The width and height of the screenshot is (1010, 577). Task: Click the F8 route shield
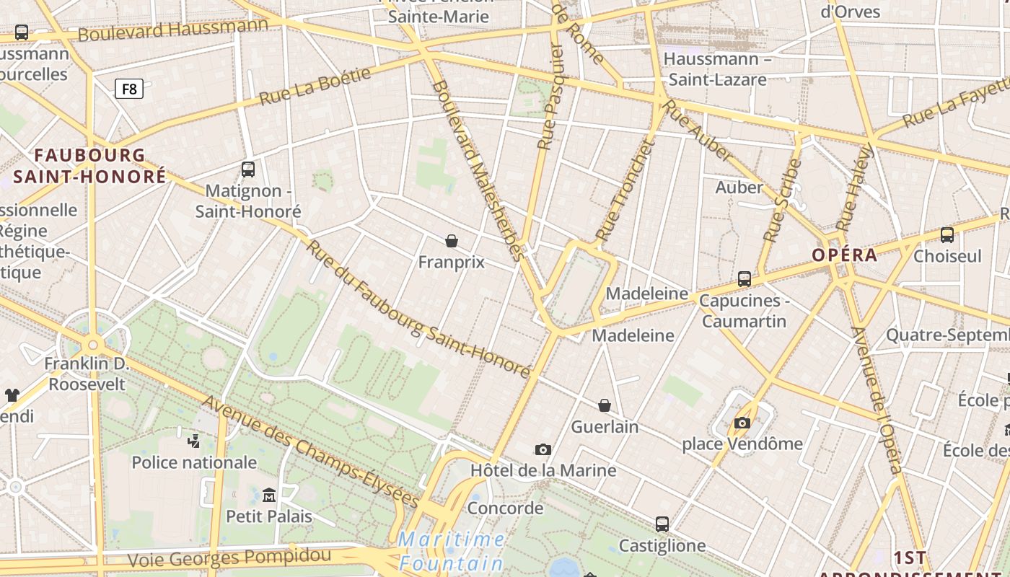tap(129, 89)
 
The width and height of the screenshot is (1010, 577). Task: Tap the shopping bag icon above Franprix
tap(452, 240)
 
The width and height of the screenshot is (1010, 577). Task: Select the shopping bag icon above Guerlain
tap(605, 405)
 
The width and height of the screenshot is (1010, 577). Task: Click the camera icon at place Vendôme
tap(742, 423)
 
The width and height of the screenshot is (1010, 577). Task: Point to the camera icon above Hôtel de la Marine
tap(543, 449)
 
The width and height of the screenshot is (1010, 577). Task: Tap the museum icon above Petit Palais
tap(269, 495)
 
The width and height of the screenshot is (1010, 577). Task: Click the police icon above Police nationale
tap(193, 440)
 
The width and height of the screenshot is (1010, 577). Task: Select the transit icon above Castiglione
tap(662, 524)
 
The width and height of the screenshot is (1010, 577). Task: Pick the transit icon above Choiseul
tap(947, 234)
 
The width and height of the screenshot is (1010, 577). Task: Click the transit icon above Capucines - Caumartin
tap(745, 278)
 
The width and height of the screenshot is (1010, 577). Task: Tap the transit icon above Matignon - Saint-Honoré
tap(248, 169)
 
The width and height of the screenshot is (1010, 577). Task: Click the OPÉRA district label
tap(844, 255)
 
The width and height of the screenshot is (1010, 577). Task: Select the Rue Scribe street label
tap(783, 201)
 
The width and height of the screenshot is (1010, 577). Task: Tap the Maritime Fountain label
tap(452, 551)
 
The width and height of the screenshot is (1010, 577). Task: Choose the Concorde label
tap(505, 508)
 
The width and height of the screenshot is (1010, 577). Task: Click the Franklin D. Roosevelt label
tap(87, 374)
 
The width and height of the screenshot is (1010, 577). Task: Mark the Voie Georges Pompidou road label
tap(229, 558)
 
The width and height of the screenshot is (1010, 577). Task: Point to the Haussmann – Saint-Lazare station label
tap(717, 69)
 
